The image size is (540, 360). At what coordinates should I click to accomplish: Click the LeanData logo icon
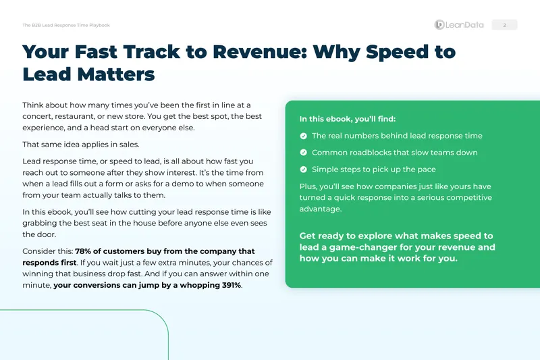tap(439, 25)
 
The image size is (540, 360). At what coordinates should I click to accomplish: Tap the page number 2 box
tap(504, 25)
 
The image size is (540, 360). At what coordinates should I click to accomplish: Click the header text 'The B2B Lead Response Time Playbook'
tap(66, 25)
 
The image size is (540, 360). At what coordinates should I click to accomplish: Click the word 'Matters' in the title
tap(116, 74)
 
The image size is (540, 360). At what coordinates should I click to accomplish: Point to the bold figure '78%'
tap(83, 251)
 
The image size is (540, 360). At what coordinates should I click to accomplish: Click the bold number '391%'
tap(231, 285)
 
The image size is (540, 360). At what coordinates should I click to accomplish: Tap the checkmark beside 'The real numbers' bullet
tap(303, 136)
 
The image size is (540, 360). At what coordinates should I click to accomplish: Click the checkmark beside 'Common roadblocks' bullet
tap(303, 153)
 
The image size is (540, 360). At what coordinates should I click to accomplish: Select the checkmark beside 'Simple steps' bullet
tap(303, 170)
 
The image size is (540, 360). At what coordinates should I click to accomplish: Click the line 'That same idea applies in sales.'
tap(81, 145)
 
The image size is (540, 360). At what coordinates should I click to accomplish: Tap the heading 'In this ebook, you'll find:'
tap(348, 119)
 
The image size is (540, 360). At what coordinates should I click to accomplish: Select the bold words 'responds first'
tap(49, 263)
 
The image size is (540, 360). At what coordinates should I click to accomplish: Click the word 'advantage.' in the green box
tap(320, 209)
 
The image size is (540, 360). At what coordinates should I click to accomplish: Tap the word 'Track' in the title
tap(151, 52)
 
